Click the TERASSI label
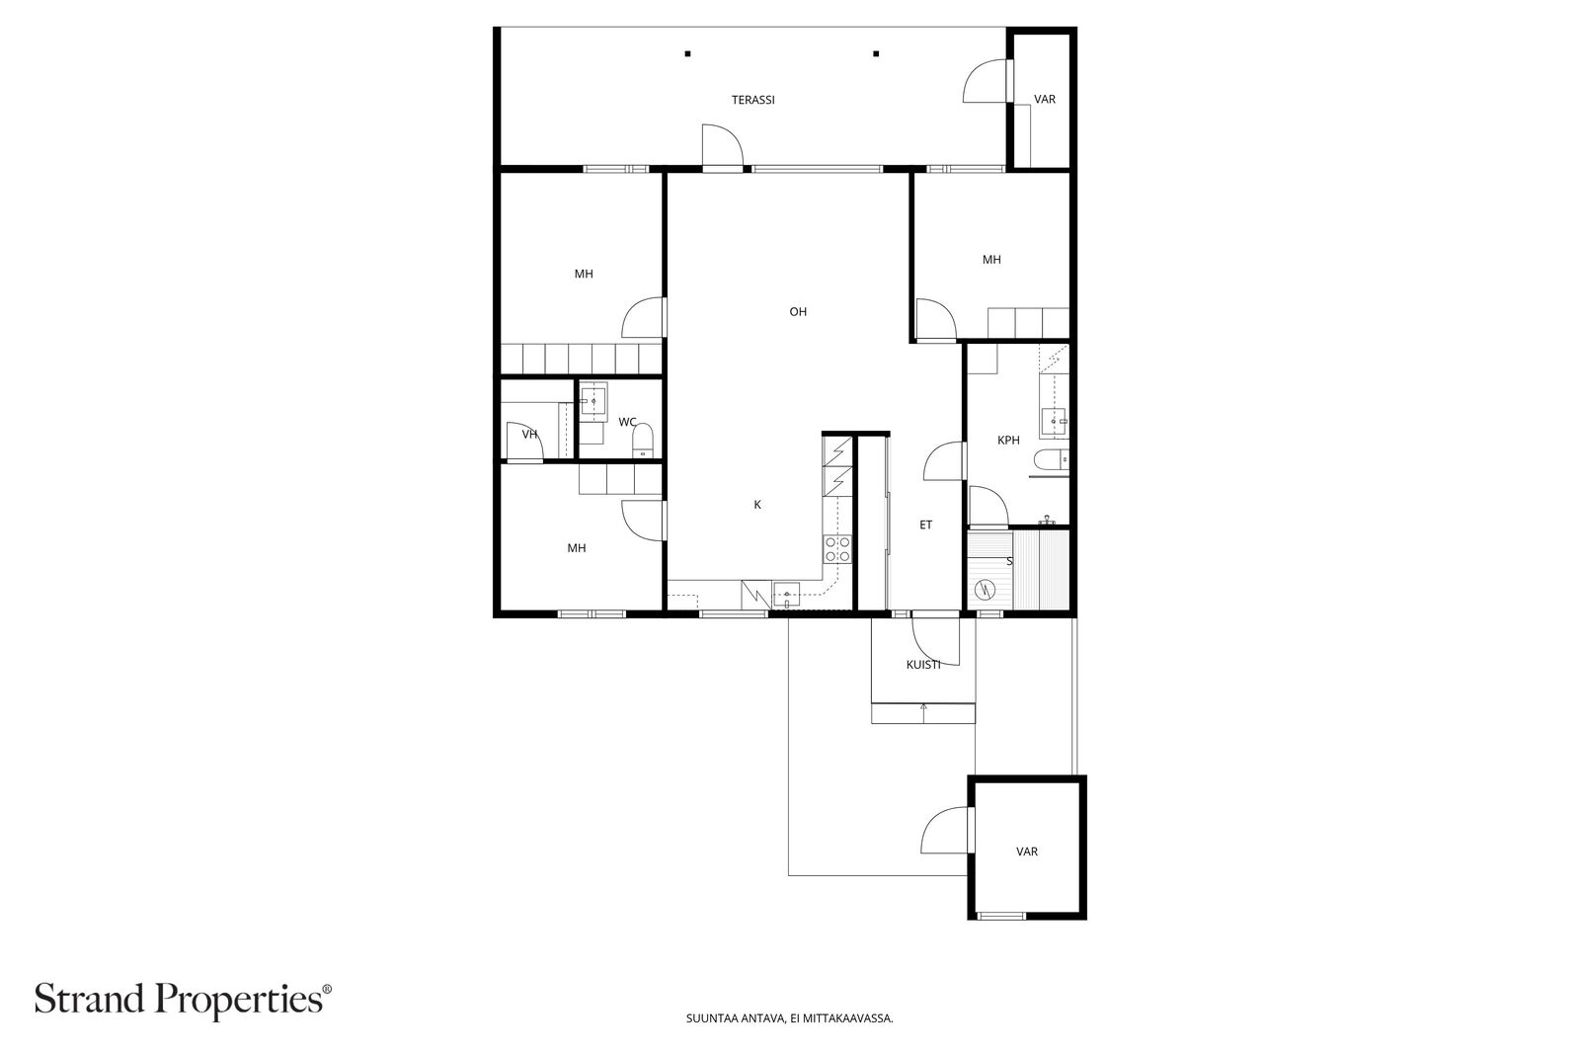[x=752, y=100]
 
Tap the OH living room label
[x=798, y=312]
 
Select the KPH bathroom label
[x=1008, y=441]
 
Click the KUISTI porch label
[x=923, y=665]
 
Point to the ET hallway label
[x=926, y=526]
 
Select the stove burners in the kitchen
[x=837, y=549]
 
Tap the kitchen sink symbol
[x=787, y=596]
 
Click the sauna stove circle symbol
[x=984, y=590]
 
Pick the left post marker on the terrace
[x=688, y=53]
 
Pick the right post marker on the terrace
[x=876, y=53]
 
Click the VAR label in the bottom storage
[x=1027, y=851]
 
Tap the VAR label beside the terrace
[x=1045, y=100]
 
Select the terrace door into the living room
[x=722, y=148]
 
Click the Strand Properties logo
[x=183, y=999]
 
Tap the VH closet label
[x=529, y=435]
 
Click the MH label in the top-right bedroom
[x=991, y=260]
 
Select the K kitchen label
[x=757, y=505]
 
